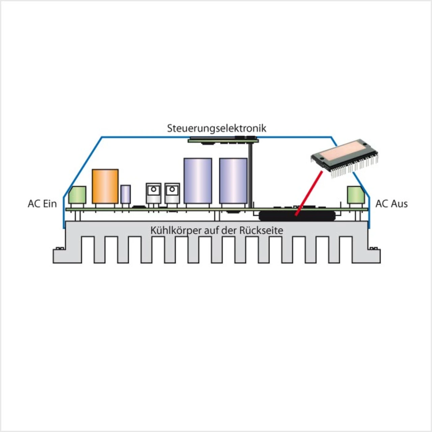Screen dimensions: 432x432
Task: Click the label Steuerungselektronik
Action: coord(216,128)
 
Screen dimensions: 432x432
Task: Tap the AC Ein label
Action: coord(42,204)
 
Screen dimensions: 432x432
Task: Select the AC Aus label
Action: coord(391,204)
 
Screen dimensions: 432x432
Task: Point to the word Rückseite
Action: coord(261,231)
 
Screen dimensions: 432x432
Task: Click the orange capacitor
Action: coord(105,186)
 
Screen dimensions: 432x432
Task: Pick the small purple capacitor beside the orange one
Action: coord(126,194)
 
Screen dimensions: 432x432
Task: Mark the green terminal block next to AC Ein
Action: coord(77,195)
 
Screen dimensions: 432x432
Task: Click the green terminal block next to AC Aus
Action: coord(356,195)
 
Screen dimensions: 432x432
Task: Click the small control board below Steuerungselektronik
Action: coord(223,139)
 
